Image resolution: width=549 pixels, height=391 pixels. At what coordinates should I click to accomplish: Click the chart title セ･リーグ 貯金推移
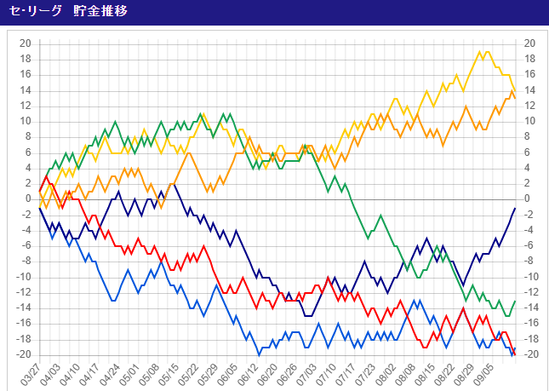click(68, 11)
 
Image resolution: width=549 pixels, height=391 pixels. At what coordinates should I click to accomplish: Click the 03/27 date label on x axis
click(30, 373)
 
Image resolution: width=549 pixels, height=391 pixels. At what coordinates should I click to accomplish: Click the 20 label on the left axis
click(26, 43)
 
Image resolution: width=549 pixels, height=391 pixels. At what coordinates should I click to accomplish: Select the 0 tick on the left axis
click(29, 199)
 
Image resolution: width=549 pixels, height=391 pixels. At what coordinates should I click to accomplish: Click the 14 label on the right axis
click(529, 90)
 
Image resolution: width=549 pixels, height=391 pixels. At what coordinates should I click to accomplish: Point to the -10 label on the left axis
click(25, 277)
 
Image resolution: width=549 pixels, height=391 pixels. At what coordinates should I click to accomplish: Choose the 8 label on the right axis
click(527, 137)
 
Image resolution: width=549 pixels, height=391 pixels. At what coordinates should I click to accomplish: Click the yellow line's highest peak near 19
click(480, 51)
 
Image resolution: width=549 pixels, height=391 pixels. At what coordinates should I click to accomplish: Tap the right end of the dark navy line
click(515, 208)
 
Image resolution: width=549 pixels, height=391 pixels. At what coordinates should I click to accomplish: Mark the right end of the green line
click(515, 301)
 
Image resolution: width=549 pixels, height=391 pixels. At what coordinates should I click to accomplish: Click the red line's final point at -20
click(515, 355)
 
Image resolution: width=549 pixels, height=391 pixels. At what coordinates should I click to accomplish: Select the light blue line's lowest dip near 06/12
click(259, 355)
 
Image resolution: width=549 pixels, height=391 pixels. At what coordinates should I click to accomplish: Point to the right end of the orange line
click(515, 99)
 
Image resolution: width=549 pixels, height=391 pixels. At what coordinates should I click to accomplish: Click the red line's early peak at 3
click(46, 175)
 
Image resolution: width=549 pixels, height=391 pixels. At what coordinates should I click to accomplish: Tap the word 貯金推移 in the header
click(100, 11)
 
